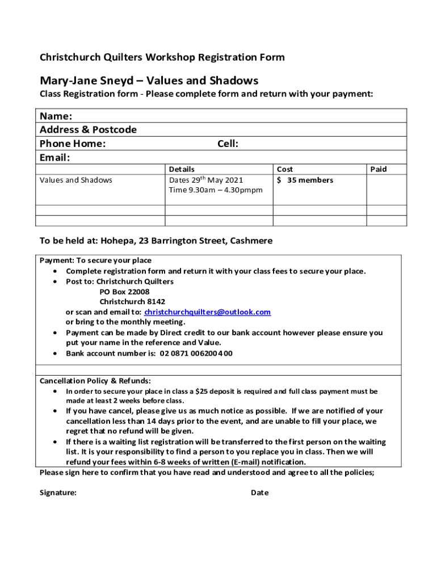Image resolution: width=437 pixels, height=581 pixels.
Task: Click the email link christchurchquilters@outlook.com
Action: tap(207, 312)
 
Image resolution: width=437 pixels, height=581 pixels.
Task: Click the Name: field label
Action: tap(56, 116)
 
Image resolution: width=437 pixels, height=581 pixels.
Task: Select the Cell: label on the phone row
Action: tap(228, 144)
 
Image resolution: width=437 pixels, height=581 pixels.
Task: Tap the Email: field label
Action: tap(54, 157)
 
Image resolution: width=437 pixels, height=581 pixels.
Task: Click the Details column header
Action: tap(182, 169)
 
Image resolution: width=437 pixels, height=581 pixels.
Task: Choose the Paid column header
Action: tap(379, 169)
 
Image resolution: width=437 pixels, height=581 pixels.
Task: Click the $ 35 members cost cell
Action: tap(305, 180)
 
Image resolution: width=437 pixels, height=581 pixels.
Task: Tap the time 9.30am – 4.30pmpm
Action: tap(216, 190)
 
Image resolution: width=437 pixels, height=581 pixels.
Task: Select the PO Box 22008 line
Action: tap(124, 292)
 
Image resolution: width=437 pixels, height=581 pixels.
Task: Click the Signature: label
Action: tap(58, 492)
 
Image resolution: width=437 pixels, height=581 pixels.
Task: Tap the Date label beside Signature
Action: tap(259, 492)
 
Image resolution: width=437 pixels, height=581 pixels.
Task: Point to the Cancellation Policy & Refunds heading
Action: tap(95, 381)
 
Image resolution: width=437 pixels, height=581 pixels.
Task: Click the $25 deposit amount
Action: tap(201, 391)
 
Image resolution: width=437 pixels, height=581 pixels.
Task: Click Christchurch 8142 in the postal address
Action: tap(132, 302)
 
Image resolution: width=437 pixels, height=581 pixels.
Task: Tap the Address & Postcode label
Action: tap(88, 130)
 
